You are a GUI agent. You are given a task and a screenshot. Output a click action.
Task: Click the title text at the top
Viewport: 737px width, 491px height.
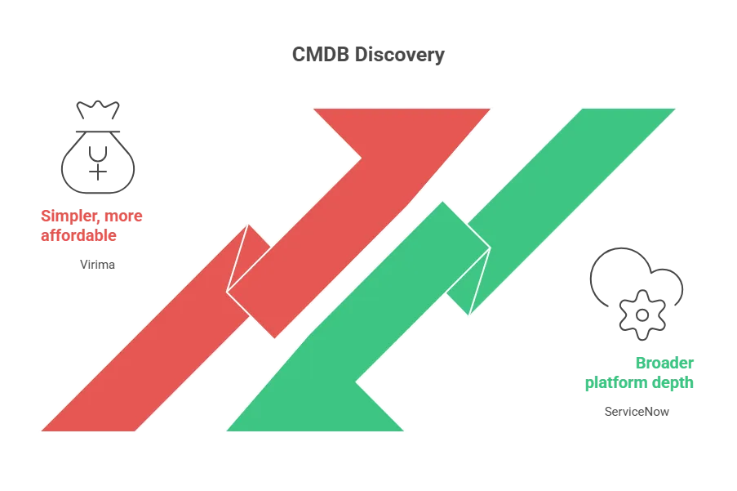pyautogui.click(x=369, y=56)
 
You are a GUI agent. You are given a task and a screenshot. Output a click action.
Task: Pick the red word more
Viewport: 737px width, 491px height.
pyautogui.click(x=124, y=216)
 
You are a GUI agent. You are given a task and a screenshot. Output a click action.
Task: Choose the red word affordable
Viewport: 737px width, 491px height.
pyautogui.click(x=78, y=235)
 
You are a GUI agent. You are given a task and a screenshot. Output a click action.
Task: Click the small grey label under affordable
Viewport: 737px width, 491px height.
pyautogui.click(x=97, y=266)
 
